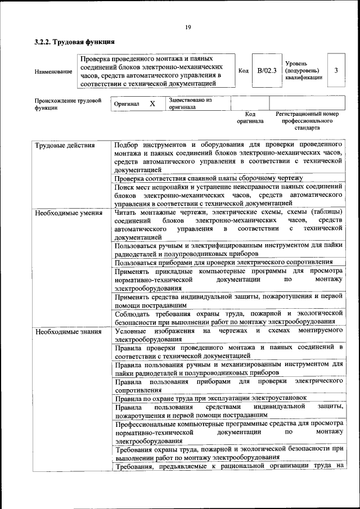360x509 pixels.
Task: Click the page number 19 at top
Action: (188, 26)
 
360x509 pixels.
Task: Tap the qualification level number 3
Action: (336, 71)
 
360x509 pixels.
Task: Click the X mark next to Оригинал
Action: (152, 104)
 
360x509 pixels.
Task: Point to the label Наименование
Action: (53, 71)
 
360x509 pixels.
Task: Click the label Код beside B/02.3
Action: (243, 71)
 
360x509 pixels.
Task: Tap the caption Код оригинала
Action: (250, 118)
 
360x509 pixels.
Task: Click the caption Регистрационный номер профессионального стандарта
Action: (307, 121)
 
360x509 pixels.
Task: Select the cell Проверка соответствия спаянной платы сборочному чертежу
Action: (209, 178)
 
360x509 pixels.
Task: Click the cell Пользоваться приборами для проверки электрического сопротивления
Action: (223, 262)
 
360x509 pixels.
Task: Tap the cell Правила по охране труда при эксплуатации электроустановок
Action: (211, 398)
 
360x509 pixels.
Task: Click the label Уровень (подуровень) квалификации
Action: (304, 71)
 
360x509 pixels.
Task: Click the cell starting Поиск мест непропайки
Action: (228, 195)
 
